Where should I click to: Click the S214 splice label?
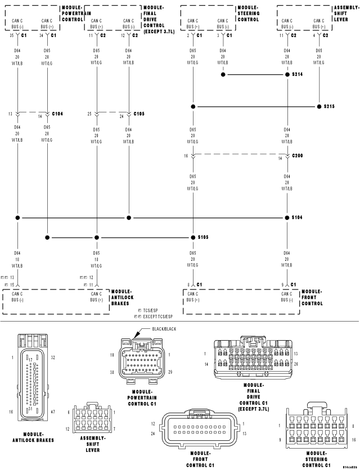[298, 74]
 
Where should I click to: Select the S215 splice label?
[329, 106]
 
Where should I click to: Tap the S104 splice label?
[298, 217]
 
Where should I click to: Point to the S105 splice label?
[203, 237]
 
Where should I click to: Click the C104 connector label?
[58, 114]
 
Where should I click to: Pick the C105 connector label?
[139, 114]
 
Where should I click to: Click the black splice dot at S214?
[287, 74]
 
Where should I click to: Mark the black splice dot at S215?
[319, 106]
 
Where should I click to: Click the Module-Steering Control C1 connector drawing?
[318, 430]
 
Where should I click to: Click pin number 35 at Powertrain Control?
[11, 35]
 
